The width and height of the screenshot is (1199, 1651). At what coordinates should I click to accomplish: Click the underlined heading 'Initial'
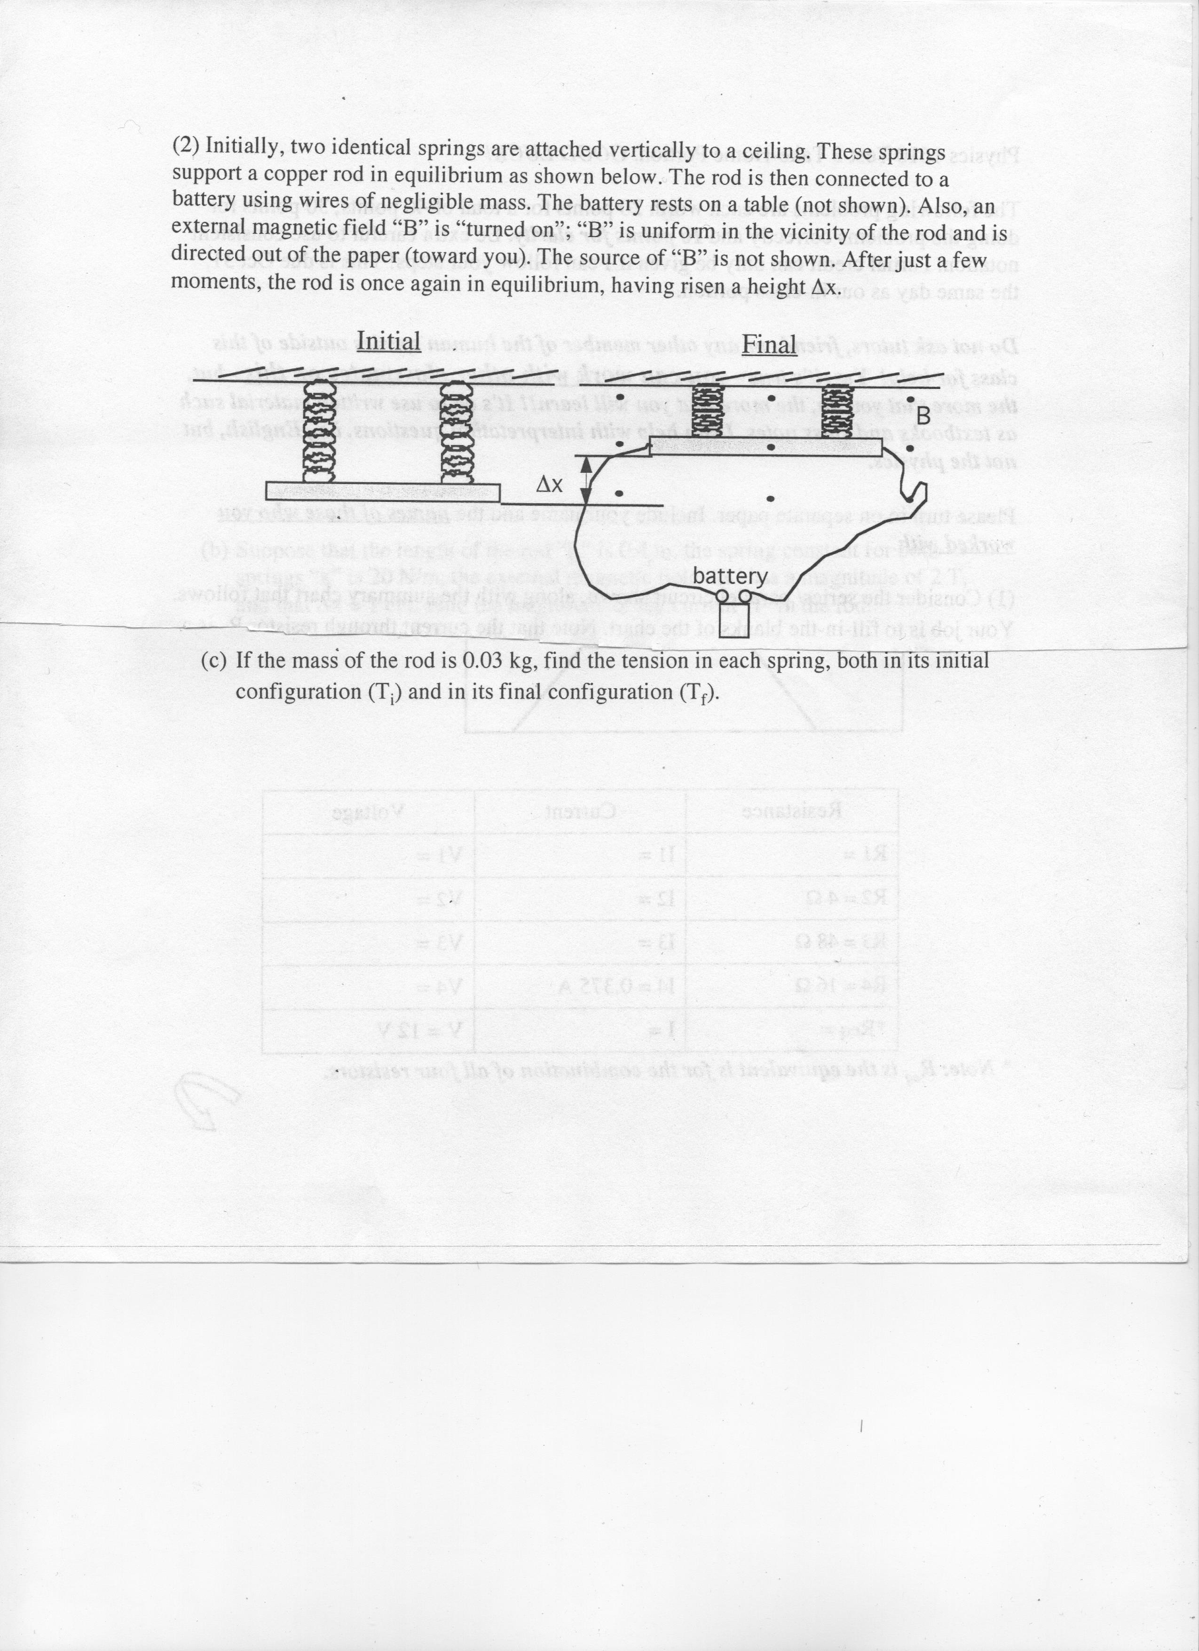click(x=389, y=341)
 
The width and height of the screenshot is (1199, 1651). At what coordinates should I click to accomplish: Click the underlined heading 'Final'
click(x=769, y=344)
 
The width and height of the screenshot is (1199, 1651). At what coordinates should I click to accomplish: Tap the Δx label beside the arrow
click(x=549, y=484)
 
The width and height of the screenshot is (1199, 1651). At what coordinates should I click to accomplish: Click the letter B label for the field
click(x=922, y=418)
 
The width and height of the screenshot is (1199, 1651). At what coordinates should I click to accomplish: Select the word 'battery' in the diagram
click(x=730, y=577)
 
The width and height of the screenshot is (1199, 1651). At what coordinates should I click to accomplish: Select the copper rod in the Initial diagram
click(x=382, y=491)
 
